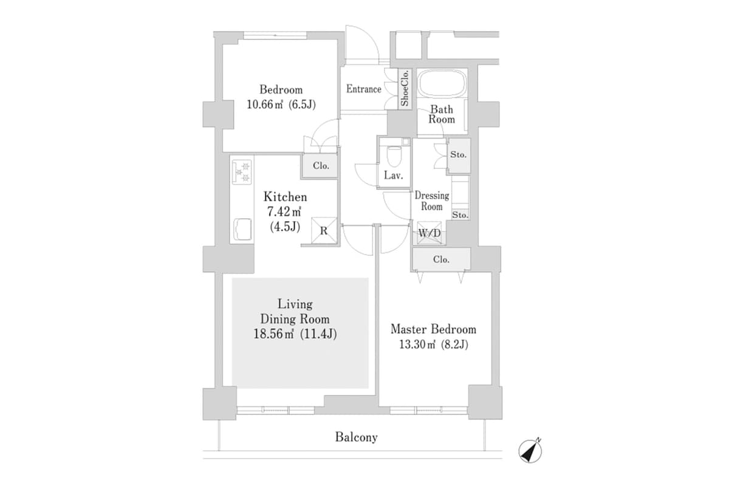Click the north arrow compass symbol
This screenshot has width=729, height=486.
(x=530, y=450)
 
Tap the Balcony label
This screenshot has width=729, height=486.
(x=356, y=437)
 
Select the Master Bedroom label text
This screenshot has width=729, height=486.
(x=433, y=329)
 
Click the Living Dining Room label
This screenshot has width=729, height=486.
(x=295, y=311)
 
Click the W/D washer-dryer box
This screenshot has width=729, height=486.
(x=430, y=233)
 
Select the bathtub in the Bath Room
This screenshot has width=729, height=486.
(x=442, y=84)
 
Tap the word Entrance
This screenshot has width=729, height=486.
(x=364, y=89)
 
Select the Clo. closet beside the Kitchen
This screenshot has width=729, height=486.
(x=321, y=166)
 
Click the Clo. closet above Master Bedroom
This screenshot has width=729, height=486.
(x=441, y=259)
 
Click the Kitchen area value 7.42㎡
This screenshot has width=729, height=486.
(x=284, y=212)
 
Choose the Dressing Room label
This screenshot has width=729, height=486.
(x=432, y=201)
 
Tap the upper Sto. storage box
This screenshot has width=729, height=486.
(x=459, y=155)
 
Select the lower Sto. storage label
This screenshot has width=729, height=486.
(x=460, y=215)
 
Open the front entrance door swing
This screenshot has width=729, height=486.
(x=361, y=44)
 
